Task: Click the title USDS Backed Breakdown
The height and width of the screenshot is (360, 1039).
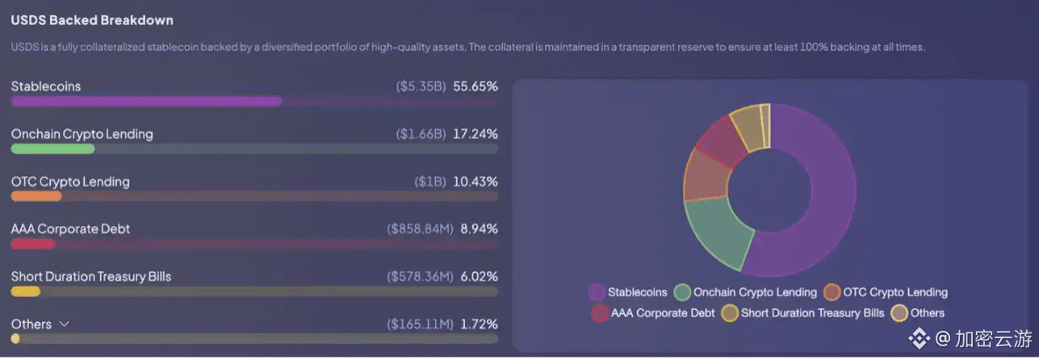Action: [92, 20]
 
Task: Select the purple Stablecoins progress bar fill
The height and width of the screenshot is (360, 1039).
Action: [146, 102]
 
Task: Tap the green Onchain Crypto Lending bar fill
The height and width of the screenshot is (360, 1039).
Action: [52, 149]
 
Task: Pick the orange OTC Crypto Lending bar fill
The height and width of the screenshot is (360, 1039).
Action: [36, 196]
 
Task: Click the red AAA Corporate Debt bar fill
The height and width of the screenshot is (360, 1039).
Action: [32, 244]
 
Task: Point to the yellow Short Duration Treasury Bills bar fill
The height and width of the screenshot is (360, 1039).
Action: [25, 291]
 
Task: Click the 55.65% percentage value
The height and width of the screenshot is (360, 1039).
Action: [476, 86]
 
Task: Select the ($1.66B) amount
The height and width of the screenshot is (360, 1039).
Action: [421, 134]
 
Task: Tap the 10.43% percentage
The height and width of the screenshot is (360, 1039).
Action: [476, 182]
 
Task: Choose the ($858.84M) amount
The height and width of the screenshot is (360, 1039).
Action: [420, 229]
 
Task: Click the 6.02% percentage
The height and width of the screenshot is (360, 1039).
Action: [479, 277]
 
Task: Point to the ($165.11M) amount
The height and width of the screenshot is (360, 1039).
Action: [420, 324]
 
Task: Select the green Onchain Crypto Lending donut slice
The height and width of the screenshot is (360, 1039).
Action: [714, 234]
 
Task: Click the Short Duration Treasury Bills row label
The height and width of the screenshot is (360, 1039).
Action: [91, 277]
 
